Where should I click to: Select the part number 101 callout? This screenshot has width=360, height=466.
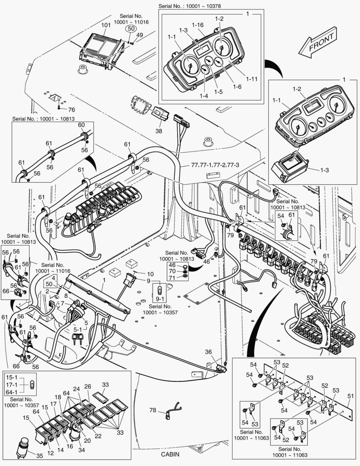(106, 25)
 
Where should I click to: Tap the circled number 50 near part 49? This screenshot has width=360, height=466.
(131, 28)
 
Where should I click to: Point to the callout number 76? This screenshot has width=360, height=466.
(71, 110)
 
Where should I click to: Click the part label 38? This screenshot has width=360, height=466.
(159, 131)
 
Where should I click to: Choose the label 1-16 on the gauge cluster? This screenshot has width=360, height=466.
(198, 25)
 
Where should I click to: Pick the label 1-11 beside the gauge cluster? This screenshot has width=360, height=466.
(252, 79)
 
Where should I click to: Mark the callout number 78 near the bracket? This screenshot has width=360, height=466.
(153, 410)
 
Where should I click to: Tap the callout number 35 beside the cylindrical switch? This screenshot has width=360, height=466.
(39, 456)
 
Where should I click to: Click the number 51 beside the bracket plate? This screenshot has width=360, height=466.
(351, 395)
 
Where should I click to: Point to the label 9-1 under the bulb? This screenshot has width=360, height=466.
(160, 298)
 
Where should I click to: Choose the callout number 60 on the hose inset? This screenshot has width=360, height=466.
(81, 125)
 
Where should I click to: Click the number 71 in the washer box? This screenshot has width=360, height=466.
(172, 279)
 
